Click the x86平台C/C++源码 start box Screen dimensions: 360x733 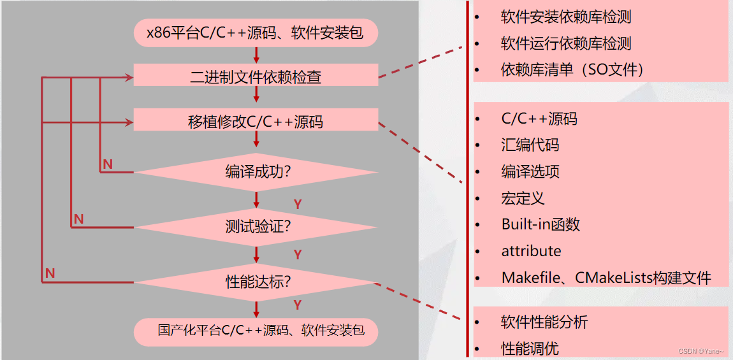click(256, 32)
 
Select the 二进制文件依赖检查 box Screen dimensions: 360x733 click(256, 77)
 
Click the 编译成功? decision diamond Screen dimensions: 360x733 click(256, 172)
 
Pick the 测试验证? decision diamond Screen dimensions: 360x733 click(256, 226)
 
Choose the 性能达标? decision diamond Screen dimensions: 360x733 click(256, 281)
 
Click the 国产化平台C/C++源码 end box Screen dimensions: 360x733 click(256, 331)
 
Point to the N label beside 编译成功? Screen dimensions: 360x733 click(108, 164)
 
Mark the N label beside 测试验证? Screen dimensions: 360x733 click(78, 219)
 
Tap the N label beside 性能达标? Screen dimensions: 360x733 click(50, 273)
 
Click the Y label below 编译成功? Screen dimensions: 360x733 click(297, 204)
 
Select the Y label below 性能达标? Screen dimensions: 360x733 click(297, 305)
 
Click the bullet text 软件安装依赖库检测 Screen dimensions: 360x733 click(566, 17)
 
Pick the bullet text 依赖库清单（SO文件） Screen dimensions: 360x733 click(572, 69)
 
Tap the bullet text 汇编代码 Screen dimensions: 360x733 click(530, 145)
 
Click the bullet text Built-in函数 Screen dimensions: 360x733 click(541, 224)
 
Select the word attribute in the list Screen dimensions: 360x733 click(531, 251)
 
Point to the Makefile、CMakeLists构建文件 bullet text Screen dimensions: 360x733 click(606, 278)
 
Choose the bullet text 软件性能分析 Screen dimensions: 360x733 click(544, 322)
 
